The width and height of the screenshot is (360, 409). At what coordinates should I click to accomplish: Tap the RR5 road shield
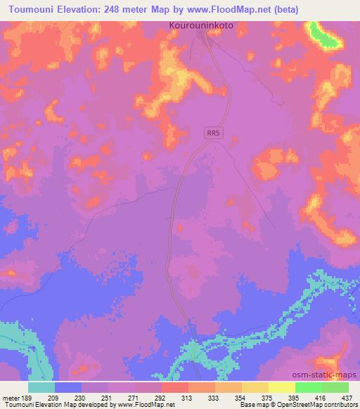pyautogui.click(x=214, y=133)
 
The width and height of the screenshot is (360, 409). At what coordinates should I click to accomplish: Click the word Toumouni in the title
pyautogui.click(x=35, y=9)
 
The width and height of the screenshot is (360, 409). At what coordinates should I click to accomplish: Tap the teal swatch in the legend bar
pyautogui.click(x=41, y=387)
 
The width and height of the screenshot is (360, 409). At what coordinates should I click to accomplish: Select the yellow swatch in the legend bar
pyautogui.click(x=282, y=387)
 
